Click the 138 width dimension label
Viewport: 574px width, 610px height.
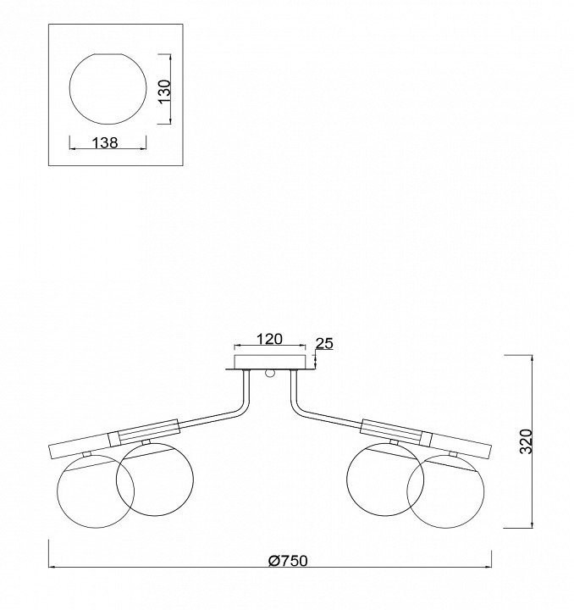pos(105,143)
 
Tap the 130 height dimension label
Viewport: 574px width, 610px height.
pos(165,91)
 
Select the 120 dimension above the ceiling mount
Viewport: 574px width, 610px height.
pos(269,339)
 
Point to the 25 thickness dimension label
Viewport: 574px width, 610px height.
pos(324,343)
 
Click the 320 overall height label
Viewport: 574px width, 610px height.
pos(526,441)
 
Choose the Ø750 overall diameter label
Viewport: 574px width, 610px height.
pos(288,561)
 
